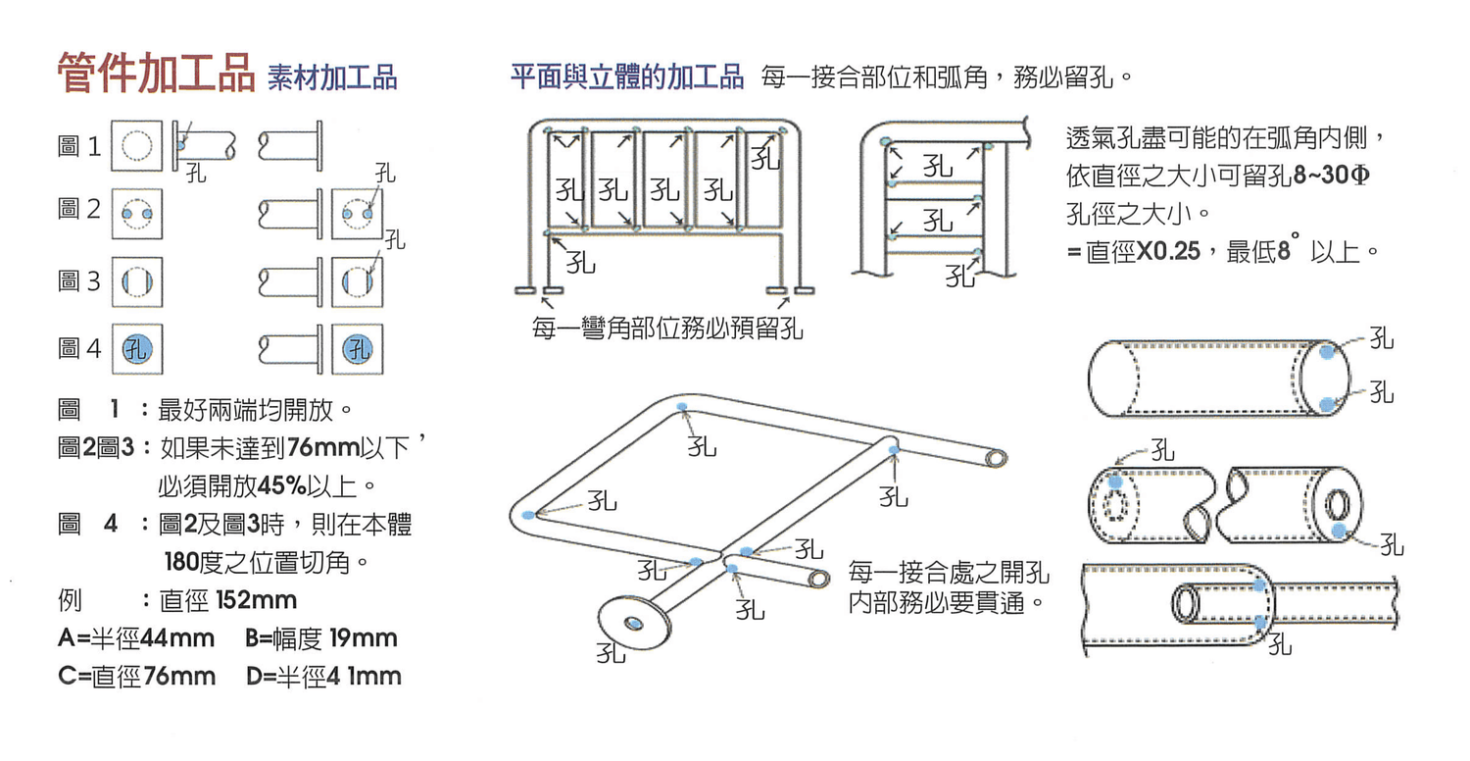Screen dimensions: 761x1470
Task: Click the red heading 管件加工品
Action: tap(156, 75)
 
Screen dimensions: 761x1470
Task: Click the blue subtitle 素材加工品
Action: tap(331, 78)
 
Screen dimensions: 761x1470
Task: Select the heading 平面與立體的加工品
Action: tap(627, 77)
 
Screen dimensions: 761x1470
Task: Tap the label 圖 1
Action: tap(79, 148)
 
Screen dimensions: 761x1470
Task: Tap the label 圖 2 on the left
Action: tap(79, 210)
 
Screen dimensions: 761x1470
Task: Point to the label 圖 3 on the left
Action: tap(79, 282)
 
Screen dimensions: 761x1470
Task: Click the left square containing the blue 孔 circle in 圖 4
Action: tap(136, 349)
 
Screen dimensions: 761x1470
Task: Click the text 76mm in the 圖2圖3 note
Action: tap(311, 449)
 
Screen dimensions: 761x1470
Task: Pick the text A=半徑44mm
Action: tap(136, 638)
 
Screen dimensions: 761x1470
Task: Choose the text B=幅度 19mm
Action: tap(321, 638)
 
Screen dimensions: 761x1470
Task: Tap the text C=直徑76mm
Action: tap(136, 677)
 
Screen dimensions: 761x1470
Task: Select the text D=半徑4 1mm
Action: tap(323, 677)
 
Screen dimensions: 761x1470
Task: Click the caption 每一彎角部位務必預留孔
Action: tap(667, 329)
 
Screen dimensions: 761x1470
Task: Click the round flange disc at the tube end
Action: tap(634, 622)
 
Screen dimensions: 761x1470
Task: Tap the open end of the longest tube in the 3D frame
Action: tap(995, 458)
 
